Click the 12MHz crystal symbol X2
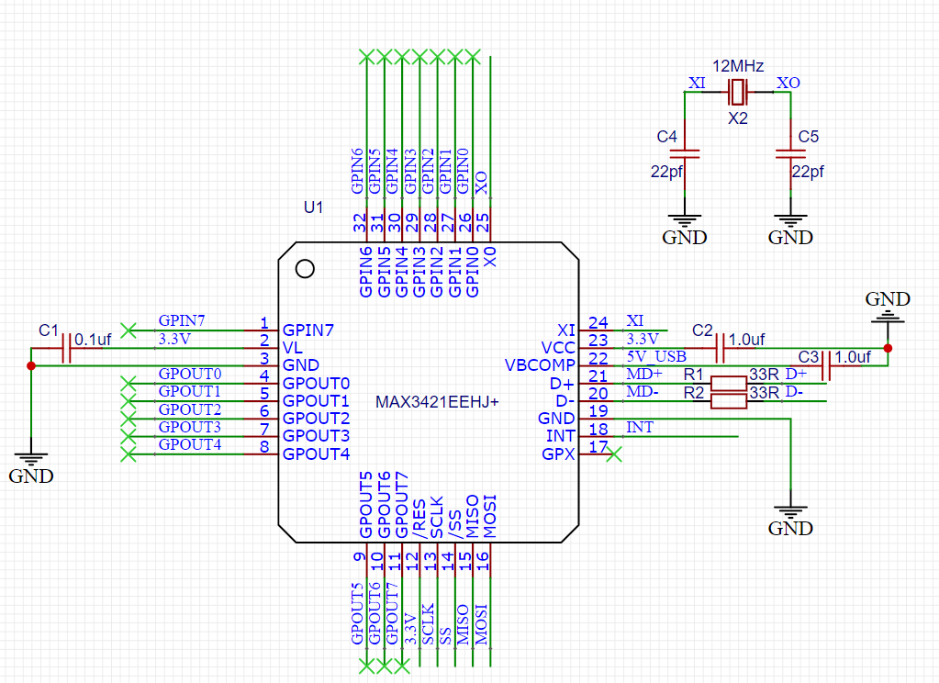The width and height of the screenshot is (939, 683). point(738,92)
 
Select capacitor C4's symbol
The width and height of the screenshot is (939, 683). point(685,154)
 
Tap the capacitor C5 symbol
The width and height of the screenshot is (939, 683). point(790,154)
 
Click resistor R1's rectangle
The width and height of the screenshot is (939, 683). point(729,384)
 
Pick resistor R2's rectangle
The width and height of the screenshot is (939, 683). point(729,401)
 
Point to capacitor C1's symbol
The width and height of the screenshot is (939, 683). point(66,348)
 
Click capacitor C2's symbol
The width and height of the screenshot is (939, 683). point(721,348)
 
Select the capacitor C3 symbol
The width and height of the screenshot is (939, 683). point(826,365)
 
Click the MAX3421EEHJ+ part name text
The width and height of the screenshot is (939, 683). point(437,402)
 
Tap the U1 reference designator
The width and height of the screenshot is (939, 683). point(313,207)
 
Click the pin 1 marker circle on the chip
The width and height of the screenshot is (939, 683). point(305,269)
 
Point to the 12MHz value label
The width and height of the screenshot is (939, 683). point(738,66)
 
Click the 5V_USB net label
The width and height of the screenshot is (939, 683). point(656,356)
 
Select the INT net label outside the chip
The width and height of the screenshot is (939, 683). point(640,427)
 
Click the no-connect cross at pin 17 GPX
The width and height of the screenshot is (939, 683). point(614,454)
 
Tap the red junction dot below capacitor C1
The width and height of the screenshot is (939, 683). point(31,365)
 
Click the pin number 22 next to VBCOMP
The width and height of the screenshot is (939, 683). point(598,358)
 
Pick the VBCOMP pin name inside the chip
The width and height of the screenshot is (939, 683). point(540,365)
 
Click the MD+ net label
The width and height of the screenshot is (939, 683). point(644,375)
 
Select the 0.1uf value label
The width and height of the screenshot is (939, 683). point(93,340)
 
